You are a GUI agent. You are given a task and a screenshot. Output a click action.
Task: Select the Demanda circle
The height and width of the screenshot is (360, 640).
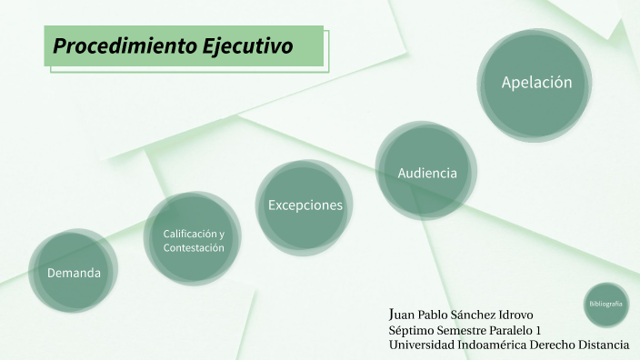point(74,272)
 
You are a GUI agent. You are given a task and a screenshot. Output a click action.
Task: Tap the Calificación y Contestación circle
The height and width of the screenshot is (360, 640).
point(193,240)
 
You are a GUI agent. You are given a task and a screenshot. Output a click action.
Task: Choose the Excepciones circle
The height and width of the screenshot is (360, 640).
point(305,205)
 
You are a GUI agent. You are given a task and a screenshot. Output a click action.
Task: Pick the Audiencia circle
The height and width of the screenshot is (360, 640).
point(426,172)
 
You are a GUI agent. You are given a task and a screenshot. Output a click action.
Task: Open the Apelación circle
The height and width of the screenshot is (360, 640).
point(536,83)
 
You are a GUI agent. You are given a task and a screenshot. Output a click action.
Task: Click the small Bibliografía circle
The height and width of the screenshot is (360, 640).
point(605,303)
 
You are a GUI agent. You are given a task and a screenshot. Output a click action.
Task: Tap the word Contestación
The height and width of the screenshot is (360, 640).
point(193,247)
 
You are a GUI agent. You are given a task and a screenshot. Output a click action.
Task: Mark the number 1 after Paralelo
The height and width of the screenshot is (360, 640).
point(538,330)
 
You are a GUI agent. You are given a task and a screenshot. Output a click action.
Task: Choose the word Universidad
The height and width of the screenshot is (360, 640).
point(424,345)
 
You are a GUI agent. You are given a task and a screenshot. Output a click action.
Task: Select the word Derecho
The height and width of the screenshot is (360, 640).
point(558,345)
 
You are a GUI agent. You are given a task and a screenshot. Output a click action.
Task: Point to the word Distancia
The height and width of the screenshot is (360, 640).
point(606,345)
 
